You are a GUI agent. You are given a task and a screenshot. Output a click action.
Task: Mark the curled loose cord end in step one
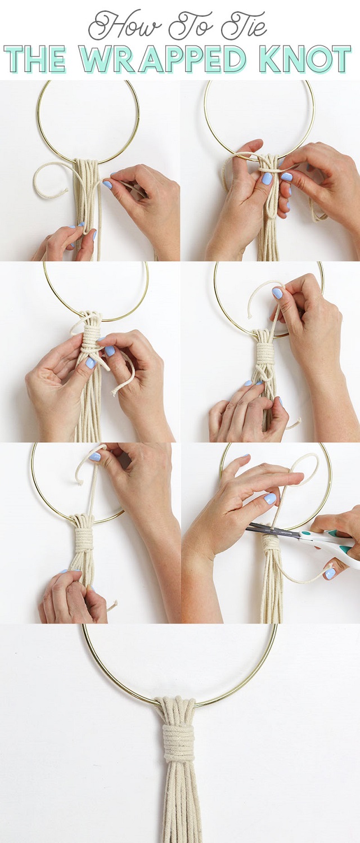[48, 180]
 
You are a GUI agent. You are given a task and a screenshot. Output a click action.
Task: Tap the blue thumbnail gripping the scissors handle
[330, 573]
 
